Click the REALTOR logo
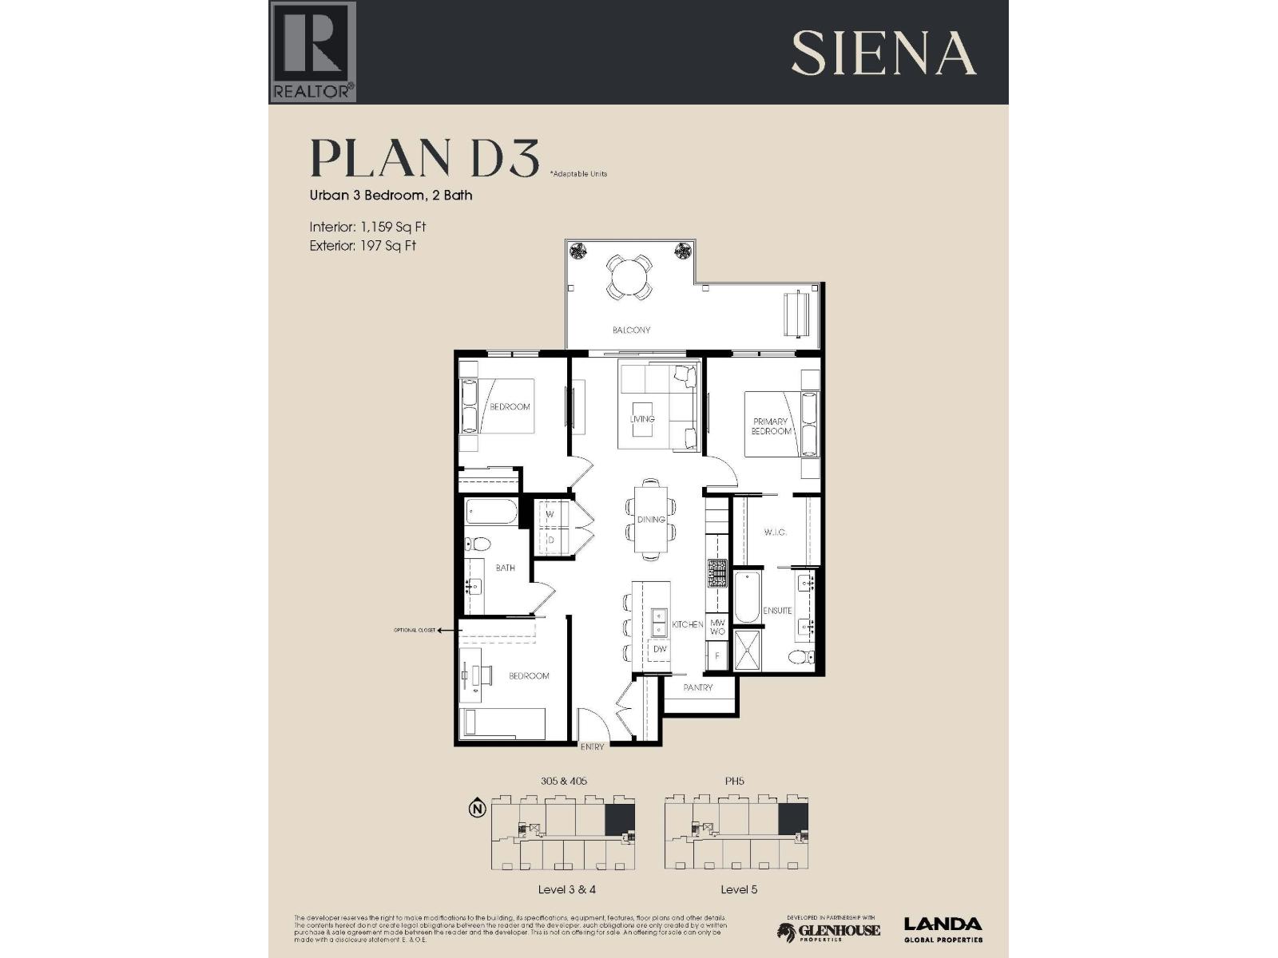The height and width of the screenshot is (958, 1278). [x=312, y=52]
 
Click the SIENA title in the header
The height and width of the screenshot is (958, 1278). [x=883, y=53]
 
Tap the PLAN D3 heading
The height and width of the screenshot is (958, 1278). [x=424, y=158]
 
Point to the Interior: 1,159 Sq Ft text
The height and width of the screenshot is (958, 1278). [x=367, y=227]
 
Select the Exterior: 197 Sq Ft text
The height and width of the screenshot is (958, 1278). [x=363, y=246]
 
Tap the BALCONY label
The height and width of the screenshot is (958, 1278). [x=631, y=330]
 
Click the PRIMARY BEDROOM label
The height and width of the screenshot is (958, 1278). [x=770, y=426]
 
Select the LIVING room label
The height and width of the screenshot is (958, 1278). [x=642, y=418]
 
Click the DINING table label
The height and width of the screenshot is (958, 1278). [x=651, y=519]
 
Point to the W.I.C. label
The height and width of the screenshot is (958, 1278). [x=775, y=532]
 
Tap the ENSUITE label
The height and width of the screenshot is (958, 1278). [x=777, y=611]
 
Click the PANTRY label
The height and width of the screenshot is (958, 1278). [x=697, y=687]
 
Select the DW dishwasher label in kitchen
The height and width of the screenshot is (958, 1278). [x=660, y=649]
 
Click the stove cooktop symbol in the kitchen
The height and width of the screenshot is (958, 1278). [x=716, y=574]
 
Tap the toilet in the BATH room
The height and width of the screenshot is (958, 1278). [x=479, y=544]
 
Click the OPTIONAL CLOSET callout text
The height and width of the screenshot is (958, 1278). [x=415, y=631]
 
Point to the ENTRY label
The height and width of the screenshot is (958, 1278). [x=593, y=747]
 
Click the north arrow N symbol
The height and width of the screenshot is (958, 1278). [x=478, y=809]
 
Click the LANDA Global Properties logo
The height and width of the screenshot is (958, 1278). [x=943, y=929]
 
